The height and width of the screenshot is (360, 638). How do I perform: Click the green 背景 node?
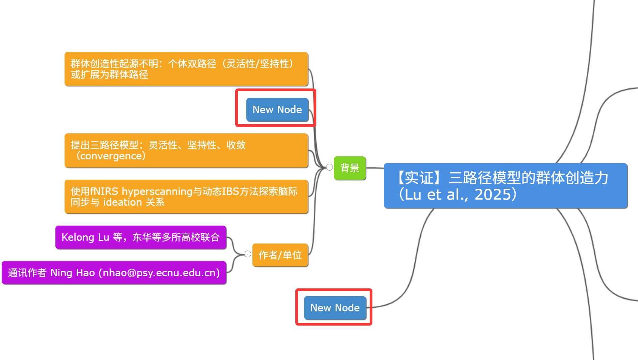pyautogui.click(x=350, y=168)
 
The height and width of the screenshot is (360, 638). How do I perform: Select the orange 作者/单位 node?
pyautogui.click(x=280, y=255)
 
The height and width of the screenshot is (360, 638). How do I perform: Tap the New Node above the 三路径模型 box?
pyautogui.click(x=277, y=109)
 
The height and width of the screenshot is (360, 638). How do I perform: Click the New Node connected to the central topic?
pyautogui.click(x=335, y=308)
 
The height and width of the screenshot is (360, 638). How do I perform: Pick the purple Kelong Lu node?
pyautogui.click(x=141, y=237)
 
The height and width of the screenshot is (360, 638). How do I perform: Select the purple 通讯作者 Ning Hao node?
pyautogui.click(x=114, y=273)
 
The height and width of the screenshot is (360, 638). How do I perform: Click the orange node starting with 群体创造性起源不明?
pyautogui.click(x=186, y=69)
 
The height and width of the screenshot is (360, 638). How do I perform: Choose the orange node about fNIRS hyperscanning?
pyautogui.click(x=186, y=197)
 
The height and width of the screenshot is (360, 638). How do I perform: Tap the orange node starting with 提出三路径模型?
pyautogui.click(x=186, y=150)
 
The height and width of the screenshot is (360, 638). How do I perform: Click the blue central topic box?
pyautogui.click(x=506, y=186)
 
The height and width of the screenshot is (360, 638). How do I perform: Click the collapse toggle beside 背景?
pyautogui.click(x=329, y=167)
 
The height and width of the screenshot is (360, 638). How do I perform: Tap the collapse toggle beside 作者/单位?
pyautogui.click(x=248, y=254)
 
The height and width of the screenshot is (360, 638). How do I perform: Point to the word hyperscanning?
pyautogui.click(x=157, y=191)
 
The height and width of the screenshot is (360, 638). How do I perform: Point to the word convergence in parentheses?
pyautogui.click(x=111, y=156)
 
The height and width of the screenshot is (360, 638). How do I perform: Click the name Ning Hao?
pyautogui.click(x=72, y=273)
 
